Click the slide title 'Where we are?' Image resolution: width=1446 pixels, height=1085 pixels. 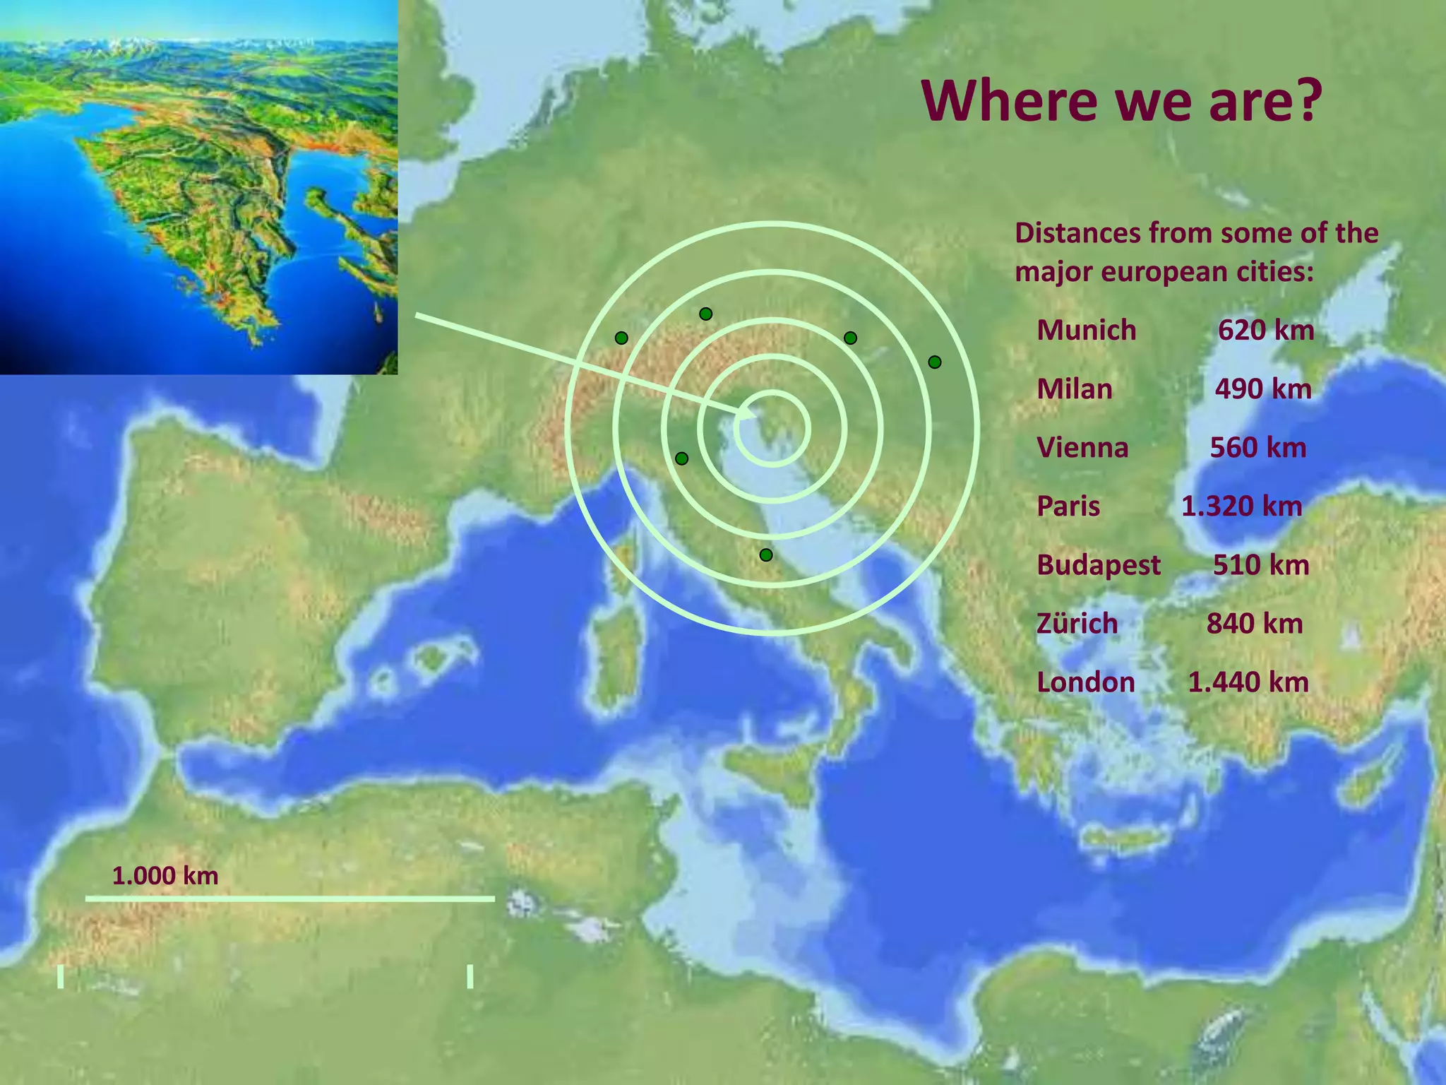tap(1121, 101)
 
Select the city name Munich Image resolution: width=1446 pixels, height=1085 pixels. tap(1086, 330)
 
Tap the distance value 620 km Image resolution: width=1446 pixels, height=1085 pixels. tap(1266, 330)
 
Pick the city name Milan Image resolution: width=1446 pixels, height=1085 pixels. tap(1074, 389)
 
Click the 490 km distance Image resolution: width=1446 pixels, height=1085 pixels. tap(1263, 389)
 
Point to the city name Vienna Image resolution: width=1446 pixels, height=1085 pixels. tap(1082, 447)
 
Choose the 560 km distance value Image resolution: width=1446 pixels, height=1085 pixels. tap(1258, 447)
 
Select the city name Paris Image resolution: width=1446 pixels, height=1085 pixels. tap(1068, 506)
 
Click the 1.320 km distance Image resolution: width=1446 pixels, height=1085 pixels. tap(1241, 506)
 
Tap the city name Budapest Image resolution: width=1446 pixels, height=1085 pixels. tap(1099, 564)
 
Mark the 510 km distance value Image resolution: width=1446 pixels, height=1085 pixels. tap(1261, 564)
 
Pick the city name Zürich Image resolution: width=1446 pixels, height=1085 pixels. tap(1077, 623)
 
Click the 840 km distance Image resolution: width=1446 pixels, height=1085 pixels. tap(1255, 623)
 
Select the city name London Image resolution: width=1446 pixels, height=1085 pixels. tap(1086, 682)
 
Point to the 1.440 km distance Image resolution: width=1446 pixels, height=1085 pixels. tap(1248, 682)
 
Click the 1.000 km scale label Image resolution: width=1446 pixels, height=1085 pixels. tap(165, 876)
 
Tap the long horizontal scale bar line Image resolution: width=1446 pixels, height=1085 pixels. tap(289, 899)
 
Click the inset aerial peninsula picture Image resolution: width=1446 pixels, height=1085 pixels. tap(198, 187)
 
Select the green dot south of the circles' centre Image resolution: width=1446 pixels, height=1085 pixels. tap(766, 555)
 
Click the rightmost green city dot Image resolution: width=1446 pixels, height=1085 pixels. tap(935, 362)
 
